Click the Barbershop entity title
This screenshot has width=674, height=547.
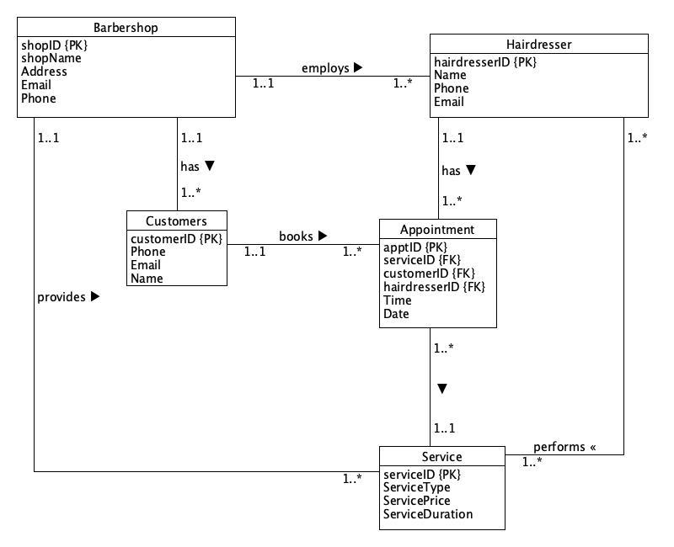click(126, 28)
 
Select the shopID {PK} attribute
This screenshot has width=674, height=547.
click(54, 45)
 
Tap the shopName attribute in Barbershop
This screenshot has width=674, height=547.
click(51, 58)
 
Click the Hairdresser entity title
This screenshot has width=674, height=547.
click(539, 45)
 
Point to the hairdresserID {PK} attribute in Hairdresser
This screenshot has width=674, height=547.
click(484, 61)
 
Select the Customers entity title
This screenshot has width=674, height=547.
click(176, 221)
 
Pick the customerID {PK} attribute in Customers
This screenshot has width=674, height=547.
click(175, 238)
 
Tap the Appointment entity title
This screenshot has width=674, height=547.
click(437, 230)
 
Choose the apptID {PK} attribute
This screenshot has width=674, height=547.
click(415, 247)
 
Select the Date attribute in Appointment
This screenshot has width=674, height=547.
click(396, 314)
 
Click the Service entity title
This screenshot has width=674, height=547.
click(441, 457)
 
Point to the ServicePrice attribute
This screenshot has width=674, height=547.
click(416, 500)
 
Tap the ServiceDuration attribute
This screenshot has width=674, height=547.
click(428, 513)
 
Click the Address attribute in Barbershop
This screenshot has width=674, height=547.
click(44, 72)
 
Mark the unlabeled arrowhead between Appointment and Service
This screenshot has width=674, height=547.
click(441, 389)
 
